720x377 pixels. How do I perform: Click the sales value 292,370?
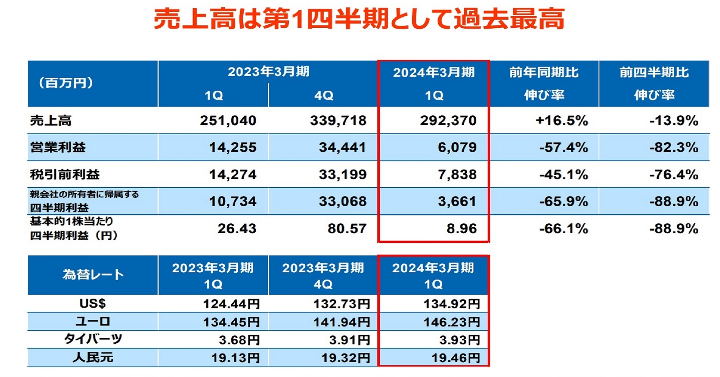[x=448, y=121]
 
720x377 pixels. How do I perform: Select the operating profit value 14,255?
[x=233, y=147]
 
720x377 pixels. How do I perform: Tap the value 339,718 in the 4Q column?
[x=338, y=121]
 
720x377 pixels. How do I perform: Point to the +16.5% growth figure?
[x=562, y=121]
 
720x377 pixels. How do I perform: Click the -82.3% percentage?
[x=673, y=147]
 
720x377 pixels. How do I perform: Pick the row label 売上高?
[x=51, y=121]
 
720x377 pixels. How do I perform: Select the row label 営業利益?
[x=58, y=147]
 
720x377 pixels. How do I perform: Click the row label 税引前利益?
[x=65, y=174]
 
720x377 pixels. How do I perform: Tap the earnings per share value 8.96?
[x=462, y=228]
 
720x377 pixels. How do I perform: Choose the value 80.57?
[x=347, y=228]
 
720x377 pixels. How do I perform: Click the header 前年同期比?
[x=544, y=72]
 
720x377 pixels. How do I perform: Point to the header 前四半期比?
[x=654, y=72]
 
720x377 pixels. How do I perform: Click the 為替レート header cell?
[x=93, y=275]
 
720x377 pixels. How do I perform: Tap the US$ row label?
[x=93, y=303]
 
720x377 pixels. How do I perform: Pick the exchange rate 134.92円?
[x=452, y=304]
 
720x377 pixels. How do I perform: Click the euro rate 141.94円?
[x=341, y=322]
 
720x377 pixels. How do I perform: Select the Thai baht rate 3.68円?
[x=239, y=340]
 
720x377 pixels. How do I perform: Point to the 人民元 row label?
[x=93, y=357]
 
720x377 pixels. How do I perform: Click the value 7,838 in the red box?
[x=457, y=174]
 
